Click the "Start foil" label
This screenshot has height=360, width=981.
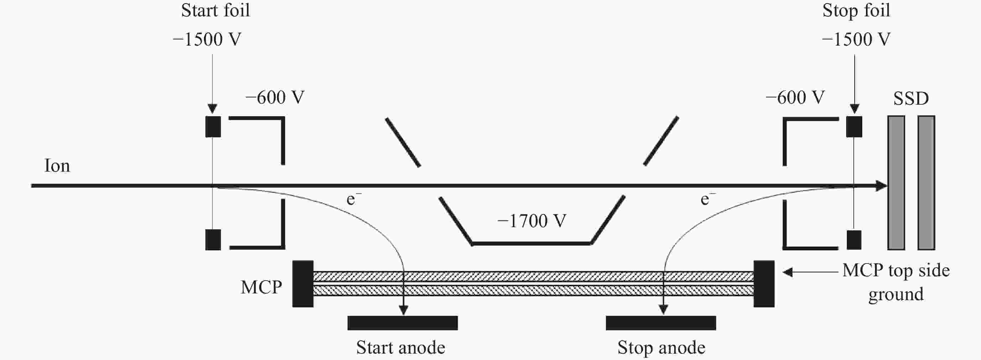(x=216, y=11)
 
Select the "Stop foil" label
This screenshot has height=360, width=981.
(x=856, y=11)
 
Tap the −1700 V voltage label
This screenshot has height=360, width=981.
(x=532, y=221)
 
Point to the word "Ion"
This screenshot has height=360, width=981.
(x=57, y=166)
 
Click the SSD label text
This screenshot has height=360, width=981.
(x=911, y=99)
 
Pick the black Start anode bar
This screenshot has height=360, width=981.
(x=402, y=323)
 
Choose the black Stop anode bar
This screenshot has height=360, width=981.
(x=661, y=323)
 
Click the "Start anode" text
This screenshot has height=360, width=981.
(x=401, y=348)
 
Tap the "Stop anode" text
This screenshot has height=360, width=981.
(x=661, y=348)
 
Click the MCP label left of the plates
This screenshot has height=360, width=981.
(x=261, y=287)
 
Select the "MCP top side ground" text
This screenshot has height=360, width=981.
(x=896, y=282)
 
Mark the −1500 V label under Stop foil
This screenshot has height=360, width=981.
(x=856, y=40)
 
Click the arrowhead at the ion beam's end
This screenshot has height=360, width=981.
(x=882, y=186)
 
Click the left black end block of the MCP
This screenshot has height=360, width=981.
(x=303, y=284)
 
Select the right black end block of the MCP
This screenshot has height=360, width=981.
(x=764, y=284)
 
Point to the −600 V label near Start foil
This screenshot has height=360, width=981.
(x=275, y=98)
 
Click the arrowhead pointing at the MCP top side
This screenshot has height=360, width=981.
(x=787, y=272)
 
